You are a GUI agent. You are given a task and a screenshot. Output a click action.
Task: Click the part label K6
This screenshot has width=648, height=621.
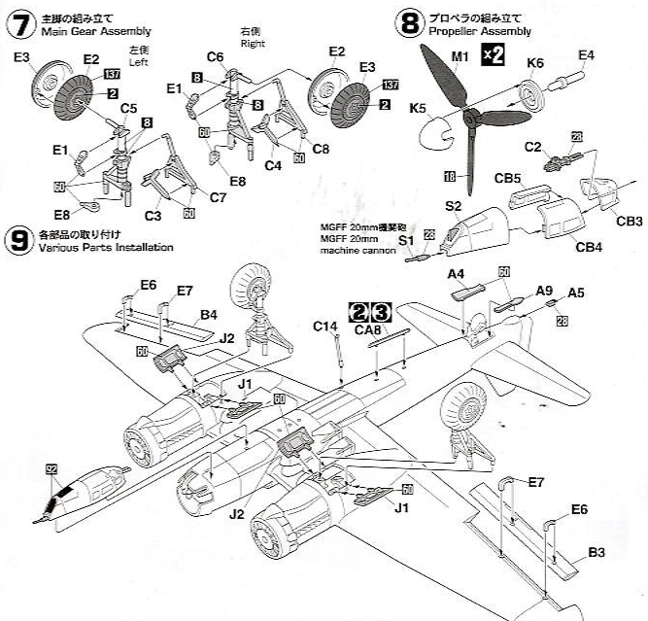[x=535, y=64]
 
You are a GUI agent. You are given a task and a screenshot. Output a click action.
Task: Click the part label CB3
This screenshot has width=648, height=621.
[x=630, y=221]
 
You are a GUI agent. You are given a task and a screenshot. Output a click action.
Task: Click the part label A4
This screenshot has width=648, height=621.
[x=457, y=274]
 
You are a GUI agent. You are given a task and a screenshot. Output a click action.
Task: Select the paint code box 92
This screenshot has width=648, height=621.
[x=51, y=468]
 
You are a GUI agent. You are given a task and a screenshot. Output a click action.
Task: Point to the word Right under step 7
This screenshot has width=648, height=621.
[x=252, y=43]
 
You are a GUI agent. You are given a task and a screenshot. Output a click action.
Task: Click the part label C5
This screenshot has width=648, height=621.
[x=129, y=108]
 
